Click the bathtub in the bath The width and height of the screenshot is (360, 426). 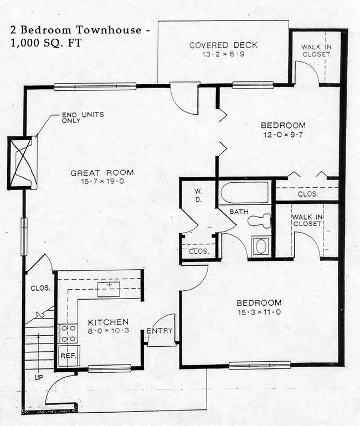(244, 193)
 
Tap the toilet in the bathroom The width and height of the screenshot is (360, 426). (259, 220)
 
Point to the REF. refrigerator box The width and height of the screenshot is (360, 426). (68, 353)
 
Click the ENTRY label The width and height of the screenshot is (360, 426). (160, 331)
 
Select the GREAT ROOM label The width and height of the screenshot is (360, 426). (102, 173)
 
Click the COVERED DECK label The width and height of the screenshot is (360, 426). (223, 45)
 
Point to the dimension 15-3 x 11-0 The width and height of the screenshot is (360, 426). (259, 312)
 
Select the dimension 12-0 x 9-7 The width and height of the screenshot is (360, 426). (284, 134)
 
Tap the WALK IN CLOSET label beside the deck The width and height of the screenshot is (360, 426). (316, 50)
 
